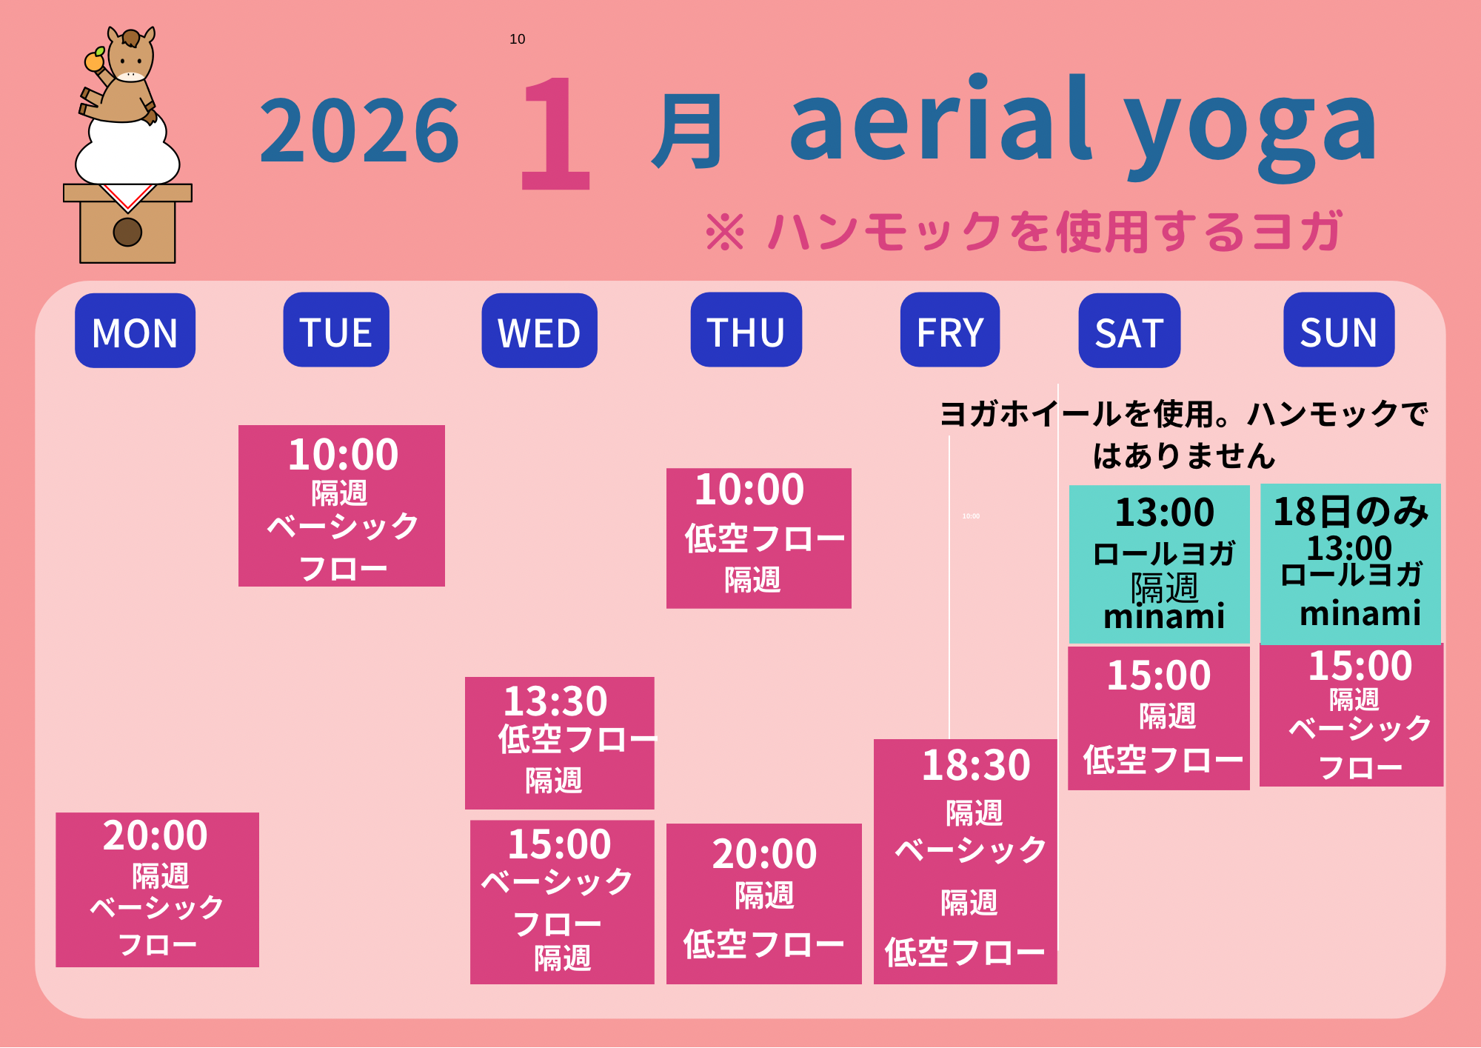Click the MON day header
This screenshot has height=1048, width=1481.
[135, 330]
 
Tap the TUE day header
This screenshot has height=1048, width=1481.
[336, 330]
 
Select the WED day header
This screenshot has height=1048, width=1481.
[539, 330]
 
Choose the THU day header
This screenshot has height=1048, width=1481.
[746, 330]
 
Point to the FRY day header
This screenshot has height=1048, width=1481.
[950, 330]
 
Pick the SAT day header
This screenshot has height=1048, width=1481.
[1129, 330]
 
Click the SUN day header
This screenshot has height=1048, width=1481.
[1339, 330]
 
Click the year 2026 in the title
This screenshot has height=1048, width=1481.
[360, 131]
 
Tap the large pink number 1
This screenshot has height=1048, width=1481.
[555, 133]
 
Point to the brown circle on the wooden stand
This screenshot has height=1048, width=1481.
[127, 232]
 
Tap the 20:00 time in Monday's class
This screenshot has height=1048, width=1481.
[156, 835]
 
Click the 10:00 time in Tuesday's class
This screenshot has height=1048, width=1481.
[344, 454]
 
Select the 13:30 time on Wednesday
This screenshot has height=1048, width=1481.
[555, 701]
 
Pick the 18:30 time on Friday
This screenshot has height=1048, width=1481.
[976, 765]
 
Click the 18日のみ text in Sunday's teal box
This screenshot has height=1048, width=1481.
[1351, 512]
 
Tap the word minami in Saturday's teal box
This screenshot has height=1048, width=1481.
[1164, 616]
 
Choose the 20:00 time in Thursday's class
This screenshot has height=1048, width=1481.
[765, 854]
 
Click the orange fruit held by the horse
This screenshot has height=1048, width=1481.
[94, 61]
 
